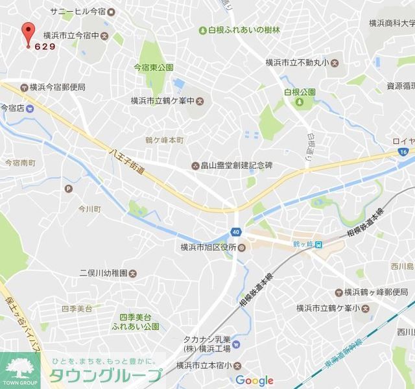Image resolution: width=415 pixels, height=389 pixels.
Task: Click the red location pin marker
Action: (x=27, y=32)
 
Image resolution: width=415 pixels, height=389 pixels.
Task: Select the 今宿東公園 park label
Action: (x=154, y=67)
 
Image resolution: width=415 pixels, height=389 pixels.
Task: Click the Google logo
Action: (x=254, y=381)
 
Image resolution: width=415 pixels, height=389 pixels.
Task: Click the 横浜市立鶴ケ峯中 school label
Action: (x=162, y=100)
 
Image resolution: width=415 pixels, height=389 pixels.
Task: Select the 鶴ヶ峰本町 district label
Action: (x=165, y=140)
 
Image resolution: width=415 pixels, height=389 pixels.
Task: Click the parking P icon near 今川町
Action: (x=68, y=189)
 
